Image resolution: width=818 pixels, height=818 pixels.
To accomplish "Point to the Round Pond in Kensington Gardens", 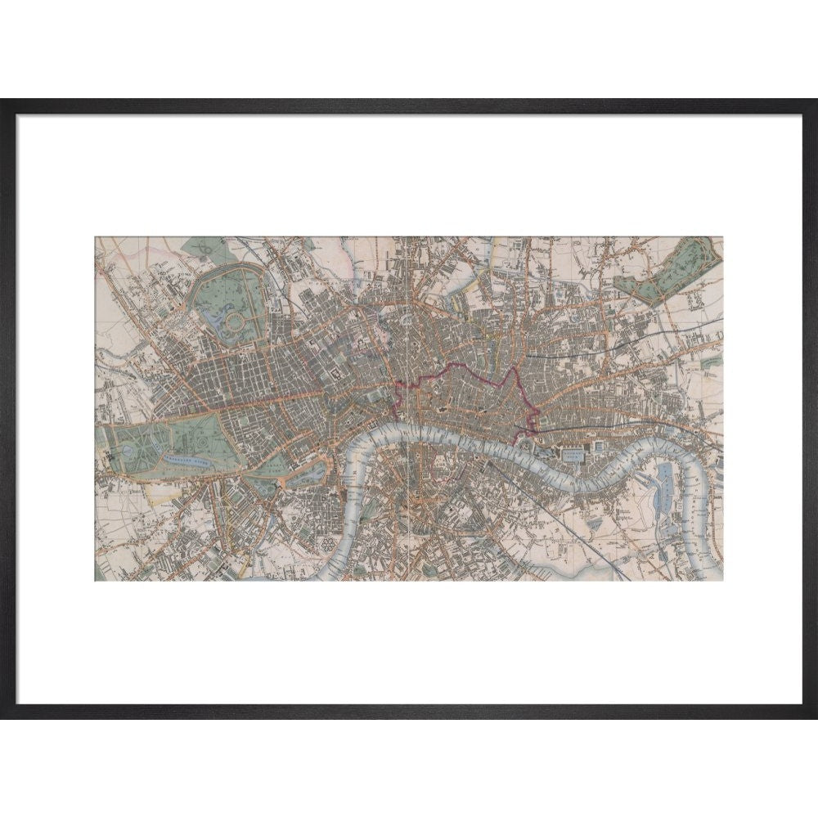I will point(131,449).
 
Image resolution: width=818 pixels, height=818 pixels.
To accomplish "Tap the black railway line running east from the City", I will point(589,425).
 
